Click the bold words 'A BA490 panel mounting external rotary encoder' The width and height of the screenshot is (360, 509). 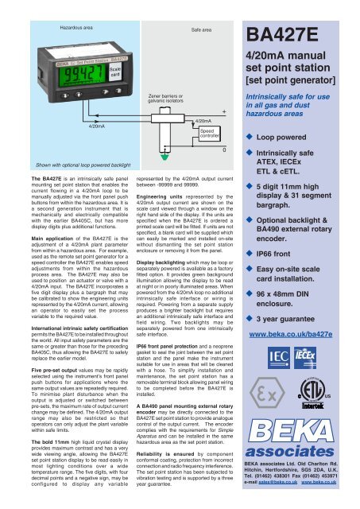point(178,422)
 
